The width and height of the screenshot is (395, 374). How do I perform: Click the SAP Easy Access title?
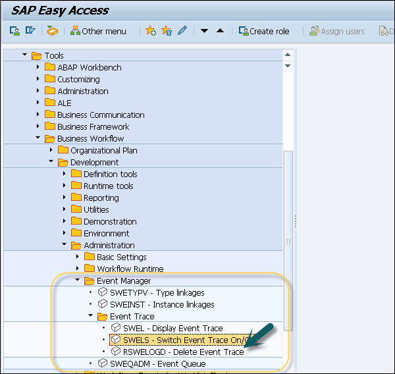(60, 11)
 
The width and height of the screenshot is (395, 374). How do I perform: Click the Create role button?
(263, 31)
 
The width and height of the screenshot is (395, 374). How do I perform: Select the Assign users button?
(337, 31)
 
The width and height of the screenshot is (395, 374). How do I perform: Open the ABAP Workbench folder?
(89, 67)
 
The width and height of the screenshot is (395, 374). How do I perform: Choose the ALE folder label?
(65, 103)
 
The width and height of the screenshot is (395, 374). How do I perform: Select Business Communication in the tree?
(99, 115)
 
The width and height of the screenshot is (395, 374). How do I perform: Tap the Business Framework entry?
(93, 126)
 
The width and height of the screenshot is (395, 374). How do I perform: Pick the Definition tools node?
(110, 174)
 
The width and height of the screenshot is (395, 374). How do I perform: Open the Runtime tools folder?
(108, 186)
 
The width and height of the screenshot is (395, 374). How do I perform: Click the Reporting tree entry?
(101, 198)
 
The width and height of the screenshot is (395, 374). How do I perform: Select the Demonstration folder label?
(110, 221)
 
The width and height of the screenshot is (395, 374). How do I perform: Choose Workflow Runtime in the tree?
(130, 269)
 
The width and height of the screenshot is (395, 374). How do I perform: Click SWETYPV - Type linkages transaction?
(157, 292)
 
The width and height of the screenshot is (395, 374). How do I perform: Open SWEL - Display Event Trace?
(172, 328)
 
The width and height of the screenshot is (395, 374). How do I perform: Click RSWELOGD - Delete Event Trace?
(183, 352)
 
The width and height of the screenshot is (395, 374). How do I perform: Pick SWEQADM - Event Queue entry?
(157, 363)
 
